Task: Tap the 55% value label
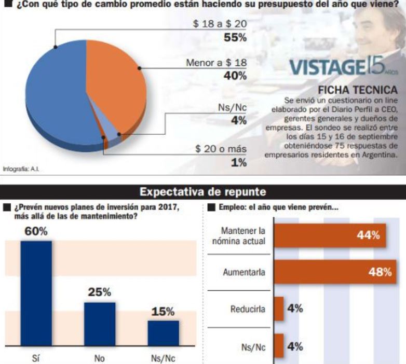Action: [235, 38]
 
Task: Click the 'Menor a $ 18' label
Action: [216, 63]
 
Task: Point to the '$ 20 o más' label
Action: [221, 149]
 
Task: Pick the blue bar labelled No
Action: [100, 324]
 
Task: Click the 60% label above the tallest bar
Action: [36, 231]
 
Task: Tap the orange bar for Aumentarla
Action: [332, 272]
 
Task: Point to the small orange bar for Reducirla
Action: [278, 309]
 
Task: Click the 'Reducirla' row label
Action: [248, 310]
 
